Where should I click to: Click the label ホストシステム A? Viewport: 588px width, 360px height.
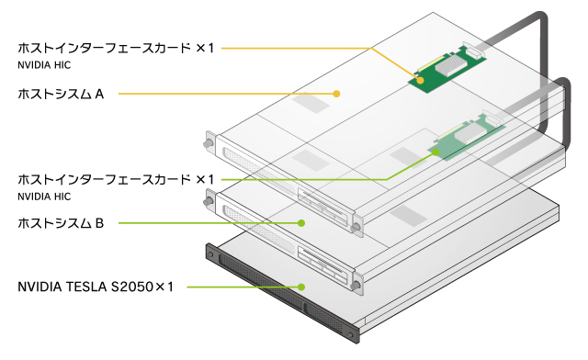[x=61, y=94]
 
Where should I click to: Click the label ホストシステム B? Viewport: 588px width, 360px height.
[x=61, y=223]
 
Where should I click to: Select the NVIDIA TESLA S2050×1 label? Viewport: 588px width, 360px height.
[x=96, y=287]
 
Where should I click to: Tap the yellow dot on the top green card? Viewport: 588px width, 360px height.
[x=421, y=80]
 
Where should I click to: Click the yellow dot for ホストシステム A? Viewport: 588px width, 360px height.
[x=336, y=94]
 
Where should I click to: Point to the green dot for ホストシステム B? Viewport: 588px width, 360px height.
[x=301, y=223]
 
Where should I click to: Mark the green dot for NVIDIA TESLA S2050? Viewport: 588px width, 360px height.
[x=301, y=287]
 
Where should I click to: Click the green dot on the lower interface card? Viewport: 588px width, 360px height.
[x=435, y=152]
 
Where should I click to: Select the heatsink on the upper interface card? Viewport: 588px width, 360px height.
[x=451, y=65]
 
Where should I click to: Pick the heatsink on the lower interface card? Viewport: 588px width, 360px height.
[x=470, y=133]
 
